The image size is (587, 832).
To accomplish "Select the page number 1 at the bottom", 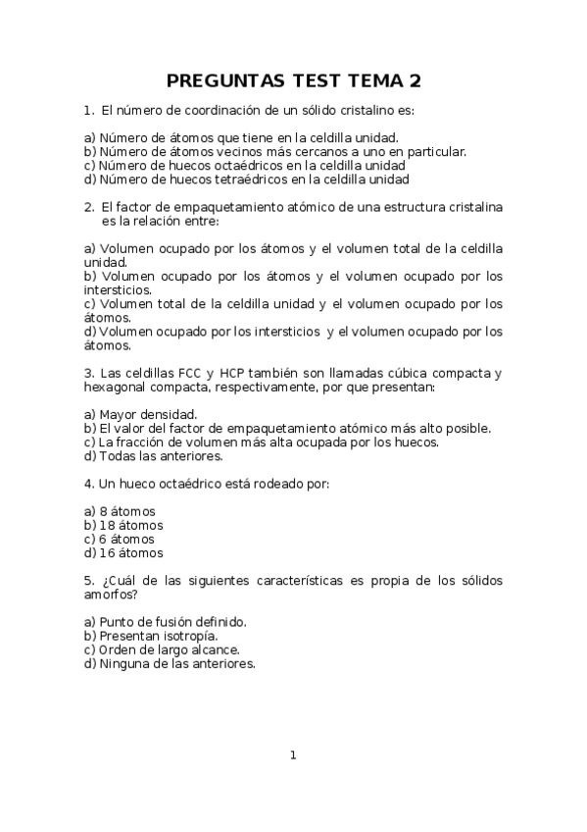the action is (293, 754).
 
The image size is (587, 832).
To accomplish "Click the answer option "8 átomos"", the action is (127, 511).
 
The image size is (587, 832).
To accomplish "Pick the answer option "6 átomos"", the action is (127, 539).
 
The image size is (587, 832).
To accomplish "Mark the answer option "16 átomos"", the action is (131, 552).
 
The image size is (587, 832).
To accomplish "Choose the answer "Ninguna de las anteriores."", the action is (177, 663).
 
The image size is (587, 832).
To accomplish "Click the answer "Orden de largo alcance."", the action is (170, 650).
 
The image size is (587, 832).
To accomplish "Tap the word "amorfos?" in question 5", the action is (111, 595).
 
